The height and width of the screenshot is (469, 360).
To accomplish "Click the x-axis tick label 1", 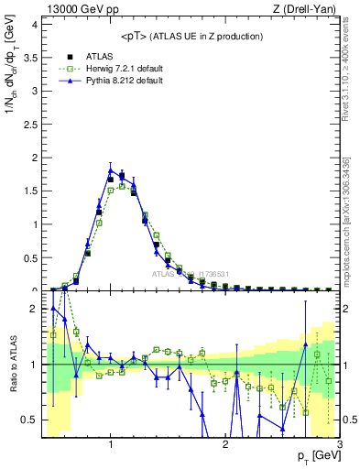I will [111, 446].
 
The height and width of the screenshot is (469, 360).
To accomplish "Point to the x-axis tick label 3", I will [339, 446].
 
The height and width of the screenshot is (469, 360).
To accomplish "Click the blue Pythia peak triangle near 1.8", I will [111, 169].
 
